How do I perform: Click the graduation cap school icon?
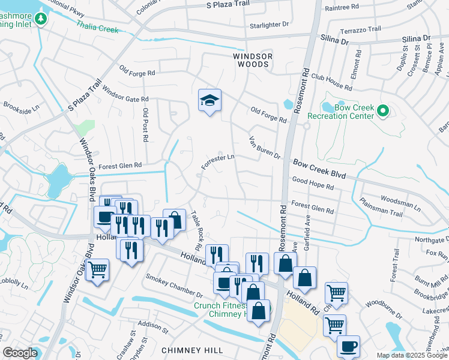pyautogui.click(x=209, y=101)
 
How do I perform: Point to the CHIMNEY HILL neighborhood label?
pyautogui.click(x=192, y=350)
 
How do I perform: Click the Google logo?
pyautogui.click(x=20, y=353)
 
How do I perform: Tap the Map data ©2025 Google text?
pyautogui.click(x=412, y=355)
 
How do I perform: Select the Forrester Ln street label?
pyautogui.click(x=217, y=162)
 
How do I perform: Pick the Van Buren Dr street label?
pyautogui.click(x=265, y=148)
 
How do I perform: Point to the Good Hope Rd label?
pyautogui.click(x=312, y=183)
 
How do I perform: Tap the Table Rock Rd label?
pyautogui.click(x=196, y=230)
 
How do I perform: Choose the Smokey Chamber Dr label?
pyautogui.click(x=174, y=286)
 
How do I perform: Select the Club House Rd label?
pyautogui.click(x=331, y=82)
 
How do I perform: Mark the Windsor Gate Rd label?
pyautogui.click(x=125, y=94)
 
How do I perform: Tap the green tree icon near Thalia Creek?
pyautogui.click(x=41, y=19)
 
